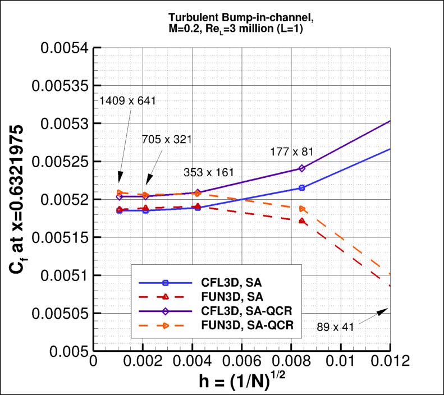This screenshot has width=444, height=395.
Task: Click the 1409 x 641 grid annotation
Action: click(x=127, y=101)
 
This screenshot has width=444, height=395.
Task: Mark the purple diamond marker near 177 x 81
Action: click(x=302, y=168)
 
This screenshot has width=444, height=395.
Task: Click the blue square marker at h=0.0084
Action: click(x=302, y=188)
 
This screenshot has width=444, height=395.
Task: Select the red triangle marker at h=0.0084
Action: click(x=302, y=221)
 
